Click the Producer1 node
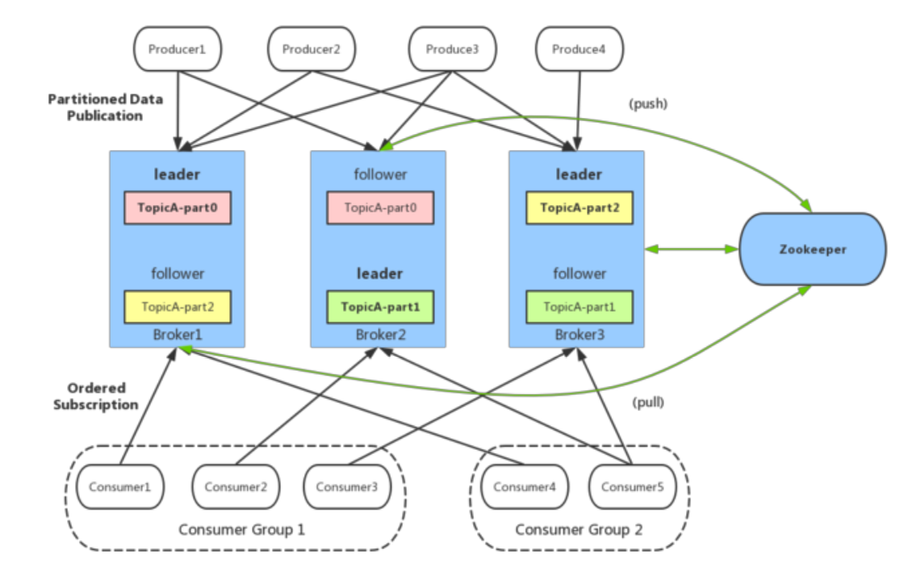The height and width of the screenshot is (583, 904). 178,49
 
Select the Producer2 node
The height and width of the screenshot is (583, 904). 312,49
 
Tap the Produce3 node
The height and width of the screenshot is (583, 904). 453,49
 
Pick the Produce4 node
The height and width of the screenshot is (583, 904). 580,49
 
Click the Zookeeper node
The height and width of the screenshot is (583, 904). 813,250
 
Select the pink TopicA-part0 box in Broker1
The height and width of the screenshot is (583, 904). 178,208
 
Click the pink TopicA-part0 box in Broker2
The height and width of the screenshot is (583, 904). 380,208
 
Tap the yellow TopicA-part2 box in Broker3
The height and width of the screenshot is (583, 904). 580,208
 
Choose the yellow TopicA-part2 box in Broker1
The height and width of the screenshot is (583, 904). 178,307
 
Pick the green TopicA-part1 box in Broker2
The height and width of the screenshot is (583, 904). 380,307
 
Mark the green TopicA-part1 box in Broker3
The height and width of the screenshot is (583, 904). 580,307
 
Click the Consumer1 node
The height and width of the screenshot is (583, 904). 120,487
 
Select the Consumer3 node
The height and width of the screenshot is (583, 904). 347,487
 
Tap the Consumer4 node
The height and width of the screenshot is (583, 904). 525,487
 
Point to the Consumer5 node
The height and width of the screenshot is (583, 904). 633,487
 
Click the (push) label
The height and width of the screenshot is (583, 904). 648,104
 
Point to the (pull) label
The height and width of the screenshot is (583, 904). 648,402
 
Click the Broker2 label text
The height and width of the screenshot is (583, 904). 380,334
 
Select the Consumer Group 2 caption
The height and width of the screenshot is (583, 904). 579,530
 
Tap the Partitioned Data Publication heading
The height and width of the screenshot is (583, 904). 105,107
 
